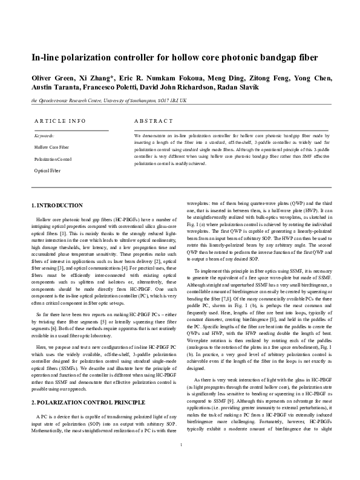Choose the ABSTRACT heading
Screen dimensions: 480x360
point(151,121)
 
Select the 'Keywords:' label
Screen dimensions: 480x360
point(44,136)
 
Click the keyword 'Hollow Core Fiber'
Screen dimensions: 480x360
point(51,147)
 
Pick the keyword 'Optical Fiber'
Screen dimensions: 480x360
point(47,171)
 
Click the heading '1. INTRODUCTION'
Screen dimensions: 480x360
point(56,206)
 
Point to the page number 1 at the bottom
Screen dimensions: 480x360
point(180,462)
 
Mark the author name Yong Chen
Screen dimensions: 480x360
point(315,79)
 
